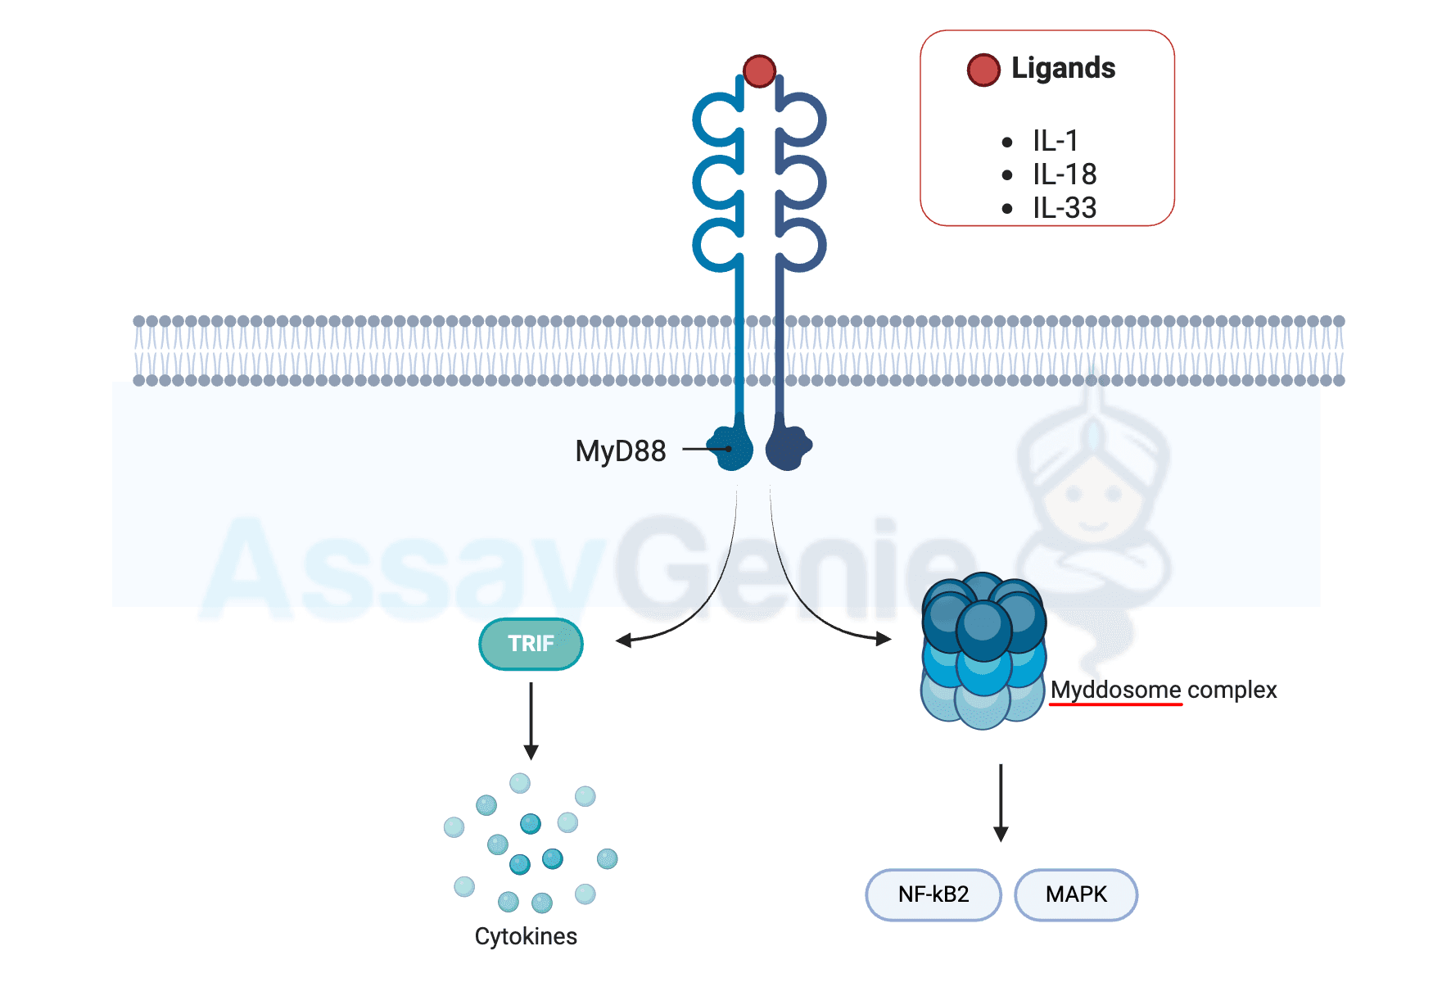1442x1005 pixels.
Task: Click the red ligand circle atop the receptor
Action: [x=759, y=71]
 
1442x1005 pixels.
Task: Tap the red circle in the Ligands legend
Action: [x=983, y=70]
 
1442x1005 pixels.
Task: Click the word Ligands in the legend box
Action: [x=1063, y=68]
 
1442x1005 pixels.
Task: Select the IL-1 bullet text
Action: [x=1055, y=141]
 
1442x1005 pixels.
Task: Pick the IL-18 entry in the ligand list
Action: [x=1064, y=174]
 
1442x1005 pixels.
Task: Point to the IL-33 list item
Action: [x=1064, y=208]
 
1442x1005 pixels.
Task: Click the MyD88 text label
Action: [x=620, y=450]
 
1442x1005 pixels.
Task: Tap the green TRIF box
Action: [x=531, y=644]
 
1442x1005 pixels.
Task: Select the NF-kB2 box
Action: [x=933, y=894]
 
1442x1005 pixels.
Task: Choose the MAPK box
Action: [x=1076, y=894]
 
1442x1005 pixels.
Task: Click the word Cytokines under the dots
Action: [x=526, y=936]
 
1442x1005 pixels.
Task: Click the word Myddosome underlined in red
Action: [x=1115, y=690]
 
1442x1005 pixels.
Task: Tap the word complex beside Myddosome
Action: [x=1232, y=690]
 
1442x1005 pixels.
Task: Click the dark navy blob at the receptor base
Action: [x=788, y=447]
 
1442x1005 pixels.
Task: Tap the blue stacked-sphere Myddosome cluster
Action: [x=983, y=650]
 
